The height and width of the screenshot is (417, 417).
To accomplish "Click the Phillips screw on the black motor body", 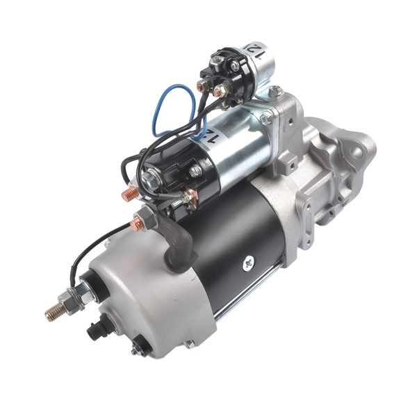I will [x=249, y=262].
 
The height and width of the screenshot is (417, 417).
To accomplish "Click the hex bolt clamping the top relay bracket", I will [x=275, y=90].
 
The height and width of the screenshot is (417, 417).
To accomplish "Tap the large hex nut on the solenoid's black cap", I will [x=149, y=181].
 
